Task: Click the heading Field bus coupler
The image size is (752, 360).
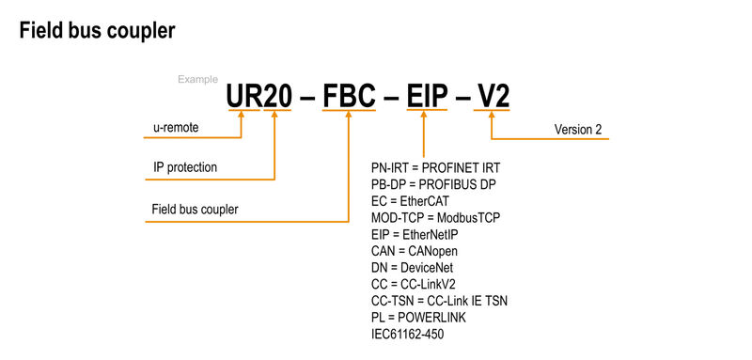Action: click(97, 31)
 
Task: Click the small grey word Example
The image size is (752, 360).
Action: click(197, 80)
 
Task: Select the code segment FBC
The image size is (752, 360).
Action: click(350, 96)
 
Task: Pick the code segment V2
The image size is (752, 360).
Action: click(493, 96)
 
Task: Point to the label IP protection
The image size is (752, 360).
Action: click(185, 168)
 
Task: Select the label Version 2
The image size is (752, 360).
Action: click(578, 130)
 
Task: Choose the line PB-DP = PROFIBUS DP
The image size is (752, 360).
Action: click(434, 184)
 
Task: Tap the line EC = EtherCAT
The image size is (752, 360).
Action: click(413, 201)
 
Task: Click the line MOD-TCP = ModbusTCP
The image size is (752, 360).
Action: click(436, 217)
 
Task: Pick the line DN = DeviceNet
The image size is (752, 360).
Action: click(413, 268)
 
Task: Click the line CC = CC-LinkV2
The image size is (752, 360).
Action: click(415, 285)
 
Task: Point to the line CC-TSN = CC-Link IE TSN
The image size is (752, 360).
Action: click(440, 301)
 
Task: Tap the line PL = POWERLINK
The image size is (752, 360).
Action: click(418, 318)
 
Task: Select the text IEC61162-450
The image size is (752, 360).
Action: click(408, 335)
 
